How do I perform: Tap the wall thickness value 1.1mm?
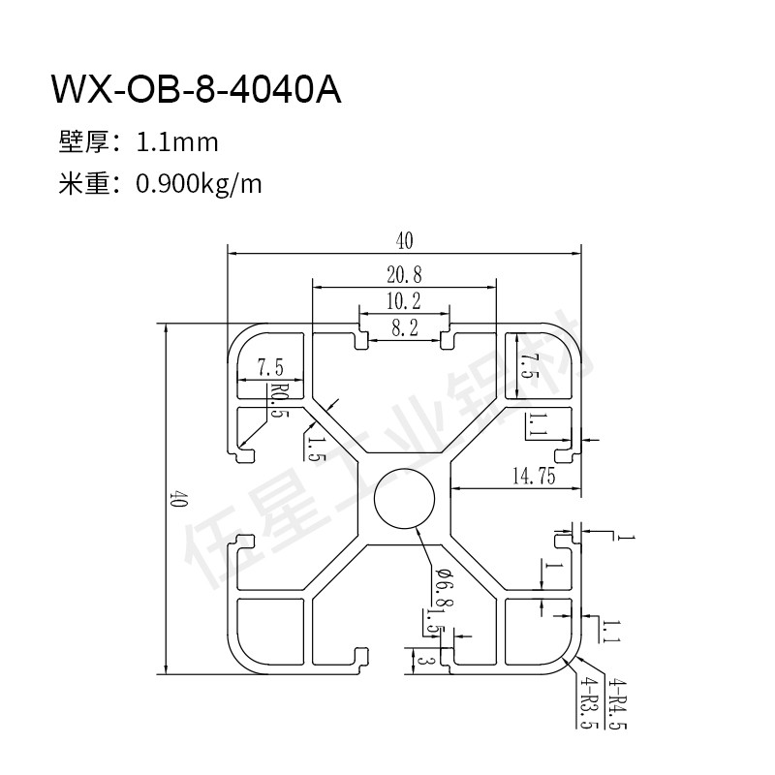pyautogui.click(x=178, y=143)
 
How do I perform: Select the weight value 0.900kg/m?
pyautogui.click(x=200, y=182)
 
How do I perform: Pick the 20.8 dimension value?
pyautogui.click(x=405, y=274)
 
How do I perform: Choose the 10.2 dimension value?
pyautogui.click(x=405, y=301)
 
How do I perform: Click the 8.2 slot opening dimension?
pyautogui.click(x=405, y=328)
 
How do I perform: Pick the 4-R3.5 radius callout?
pyautogui.click(x=587, y=705)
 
